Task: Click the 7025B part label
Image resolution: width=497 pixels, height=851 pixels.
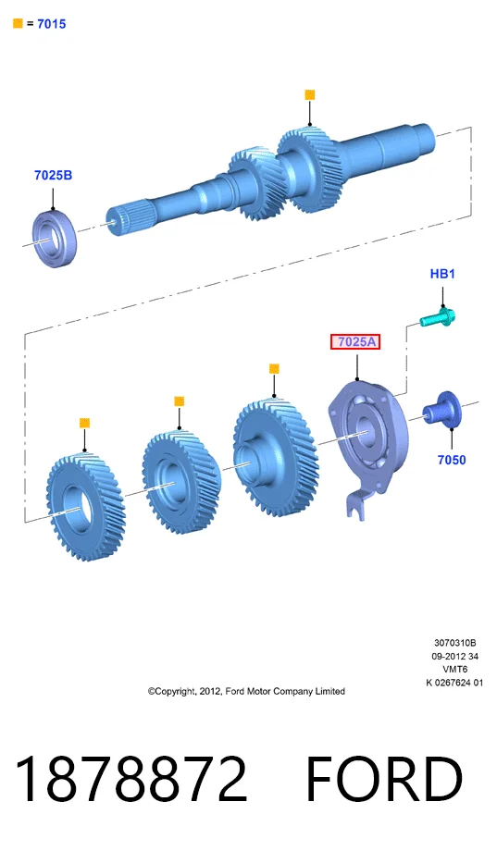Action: click(x=53, y=176)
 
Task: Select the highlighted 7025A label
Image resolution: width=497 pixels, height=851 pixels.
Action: click(x=355, y=342)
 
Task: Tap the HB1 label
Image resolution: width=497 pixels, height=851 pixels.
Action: click(x=442, y=274)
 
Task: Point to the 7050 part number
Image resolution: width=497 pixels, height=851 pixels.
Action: click(x=452, y=461)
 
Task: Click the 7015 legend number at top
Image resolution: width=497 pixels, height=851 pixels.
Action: click(x=52, y=24)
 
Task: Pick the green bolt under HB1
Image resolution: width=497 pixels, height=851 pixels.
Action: click(x=438, y=317)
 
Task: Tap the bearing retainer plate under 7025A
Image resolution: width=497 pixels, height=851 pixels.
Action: click(x=367, y=435)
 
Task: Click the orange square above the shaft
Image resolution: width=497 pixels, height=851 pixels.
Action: click(x=310, y=95)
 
